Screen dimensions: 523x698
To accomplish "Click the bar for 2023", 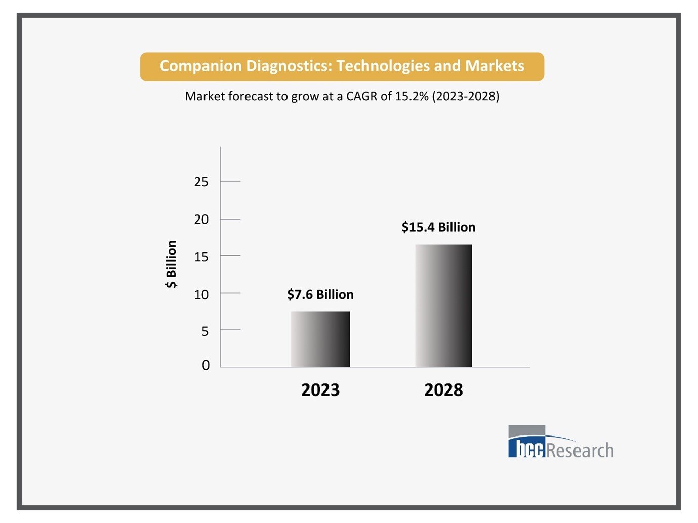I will pyautogui.click(x=320, y=339).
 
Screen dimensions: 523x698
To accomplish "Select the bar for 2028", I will pyautogui.click(x=443, y=306).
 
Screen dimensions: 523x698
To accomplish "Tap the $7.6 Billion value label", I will pyautogui.click(x=320, y=294).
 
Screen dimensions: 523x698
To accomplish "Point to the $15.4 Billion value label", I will pyautogui.click(x=438, y=227).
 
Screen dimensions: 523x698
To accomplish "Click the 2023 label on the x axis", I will pyautogui.click(x=320, y=390).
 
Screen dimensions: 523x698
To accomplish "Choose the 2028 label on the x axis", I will pyautogui.click(x=443, y=390).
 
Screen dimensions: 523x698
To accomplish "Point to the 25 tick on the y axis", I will pyautogui.click(x=201, y=182).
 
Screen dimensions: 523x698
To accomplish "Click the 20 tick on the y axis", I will pyautogui.click(x=201, y=220).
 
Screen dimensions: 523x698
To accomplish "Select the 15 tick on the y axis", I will pyautogui.click(x=201, y=257).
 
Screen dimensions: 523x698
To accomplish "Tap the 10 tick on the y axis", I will pyautogui.click(x=201, y=294).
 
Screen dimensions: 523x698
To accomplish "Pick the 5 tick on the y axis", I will pyautogui.click(x=204, y=331).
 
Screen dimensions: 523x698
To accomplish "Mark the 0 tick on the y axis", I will pyautogui.click(x=206, y=365).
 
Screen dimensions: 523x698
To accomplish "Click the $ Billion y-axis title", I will pyautogui.click(x=171, y=264).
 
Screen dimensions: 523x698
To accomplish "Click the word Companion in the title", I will pyautogui.click(x=200, y=66).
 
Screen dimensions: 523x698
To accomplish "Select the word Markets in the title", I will pyautogui.click(x=495, y=66).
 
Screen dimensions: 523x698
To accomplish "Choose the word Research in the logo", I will pyautogui.click(x=580, y=450).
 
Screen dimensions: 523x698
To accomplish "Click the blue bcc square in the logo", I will pyautogui.click(x=527, y=448).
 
